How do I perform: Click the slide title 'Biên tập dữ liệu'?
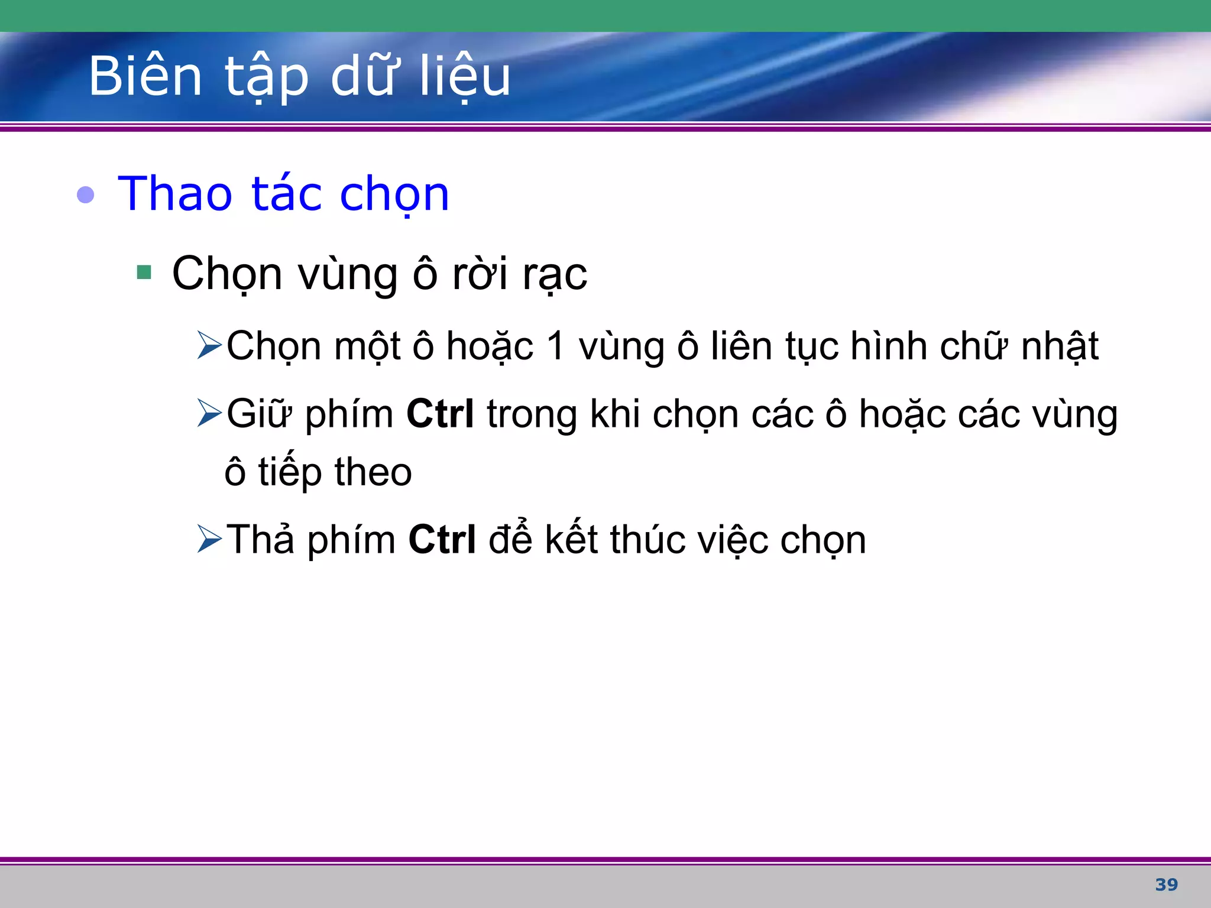point(299,77)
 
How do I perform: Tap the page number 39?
point(1166,884)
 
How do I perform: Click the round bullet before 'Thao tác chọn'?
point(86,194)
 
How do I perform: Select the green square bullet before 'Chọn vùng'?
point(144,273)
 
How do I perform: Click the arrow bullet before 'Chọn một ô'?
point(209,346)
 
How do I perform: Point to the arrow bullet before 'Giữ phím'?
point(209,413)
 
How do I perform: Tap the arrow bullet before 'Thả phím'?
point(209,539)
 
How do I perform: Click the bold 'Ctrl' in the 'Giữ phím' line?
point(440,413)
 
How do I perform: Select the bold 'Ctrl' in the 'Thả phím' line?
point(442,539)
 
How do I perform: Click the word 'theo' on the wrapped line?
point(373,472)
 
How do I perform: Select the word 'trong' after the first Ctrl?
point(532,414)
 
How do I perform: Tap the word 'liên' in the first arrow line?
point(741,346)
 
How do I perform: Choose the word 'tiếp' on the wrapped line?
point(289,472)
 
